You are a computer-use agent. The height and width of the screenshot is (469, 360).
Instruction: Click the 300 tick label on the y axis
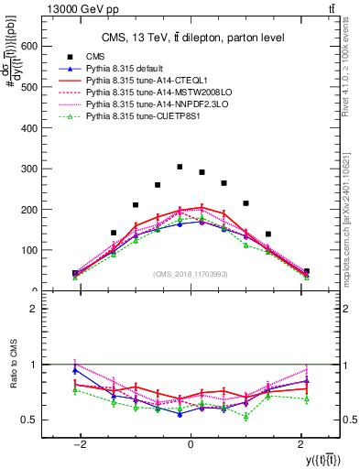28,169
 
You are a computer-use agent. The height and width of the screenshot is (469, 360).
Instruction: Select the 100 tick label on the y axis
28,250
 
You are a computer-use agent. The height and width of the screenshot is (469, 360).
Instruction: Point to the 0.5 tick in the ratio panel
28,420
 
